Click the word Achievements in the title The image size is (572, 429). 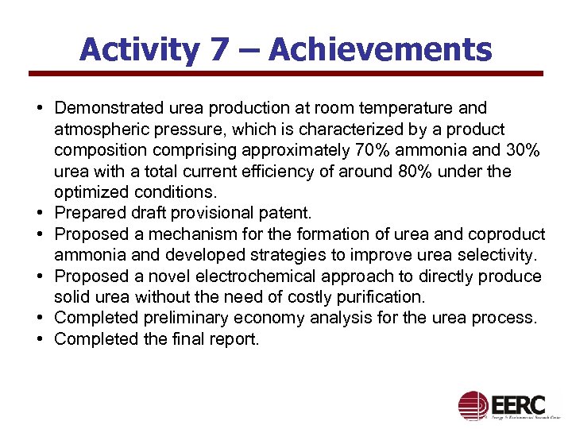[381, 50]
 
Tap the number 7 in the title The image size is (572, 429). [218, 50]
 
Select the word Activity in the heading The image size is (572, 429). [139, 50]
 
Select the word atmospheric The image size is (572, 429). [100, 129]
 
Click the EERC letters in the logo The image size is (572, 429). [518, 401]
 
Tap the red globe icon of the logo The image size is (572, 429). [473, 405]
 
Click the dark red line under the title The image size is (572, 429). [286, 74]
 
